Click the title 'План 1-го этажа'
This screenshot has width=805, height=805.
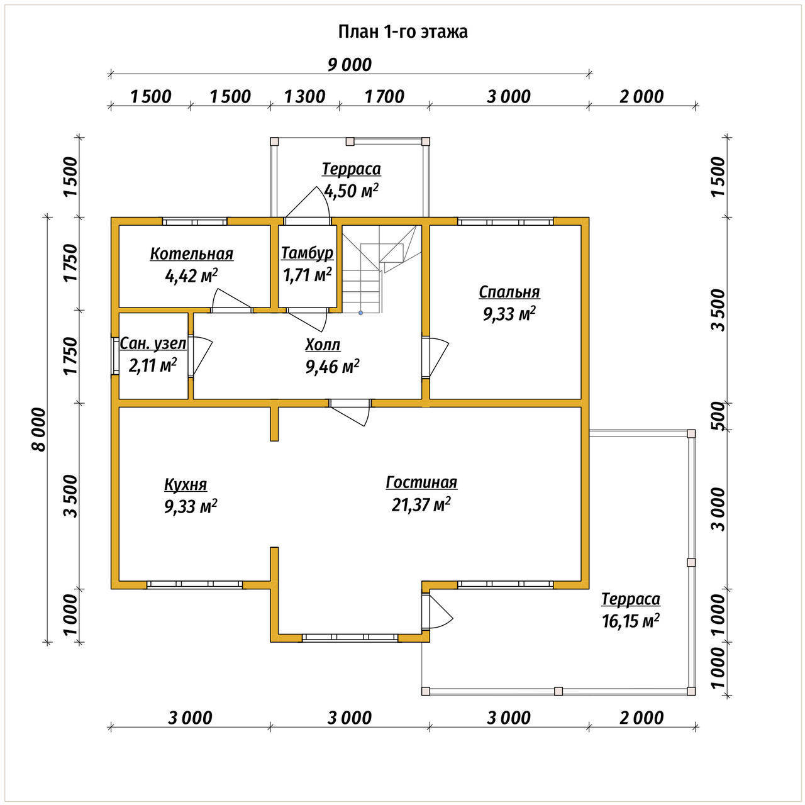click(x=402, y=32)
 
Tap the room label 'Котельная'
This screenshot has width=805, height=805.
click(x=192, y=253)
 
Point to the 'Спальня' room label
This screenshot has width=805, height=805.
click(x=509, y=292)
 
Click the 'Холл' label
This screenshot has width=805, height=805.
click(x=323, y=345)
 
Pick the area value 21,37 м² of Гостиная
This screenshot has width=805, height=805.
click(x=421, y=504)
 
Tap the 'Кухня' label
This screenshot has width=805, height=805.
click(x=186, y=484)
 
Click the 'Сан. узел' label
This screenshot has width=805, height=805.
click(x=153, y=343)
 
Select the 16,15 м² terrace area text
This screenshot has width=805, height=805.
click(x=631, y=621)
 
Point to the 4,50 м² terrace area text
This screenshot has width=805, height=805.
click(x=352, y=191)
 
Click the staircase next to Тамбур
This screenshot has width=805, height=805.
click(x=379, y=269)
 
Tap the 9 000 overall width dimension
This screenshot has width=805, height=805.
click(x=350, y=65)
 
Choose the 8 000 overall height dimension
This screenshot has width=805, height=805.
click(x=38, y=430)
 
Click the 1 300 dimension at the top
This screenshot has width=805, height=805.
click(x=304, y=97)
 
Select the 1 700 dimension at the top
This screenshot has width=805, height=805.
click(x=384, y=97)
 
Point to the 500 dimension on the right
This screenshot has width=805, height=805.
click(x=719, y=416)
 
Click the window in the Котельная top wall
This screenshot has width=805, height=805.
click(x=195, y=221)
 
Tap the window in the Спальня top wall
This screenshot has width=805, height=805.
click(x=506, y=221)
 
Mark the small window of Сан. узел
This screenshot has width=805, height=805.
click(x=115, y=355)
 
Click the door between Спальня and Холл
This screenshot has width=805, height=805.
click(x=435, y=357)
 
